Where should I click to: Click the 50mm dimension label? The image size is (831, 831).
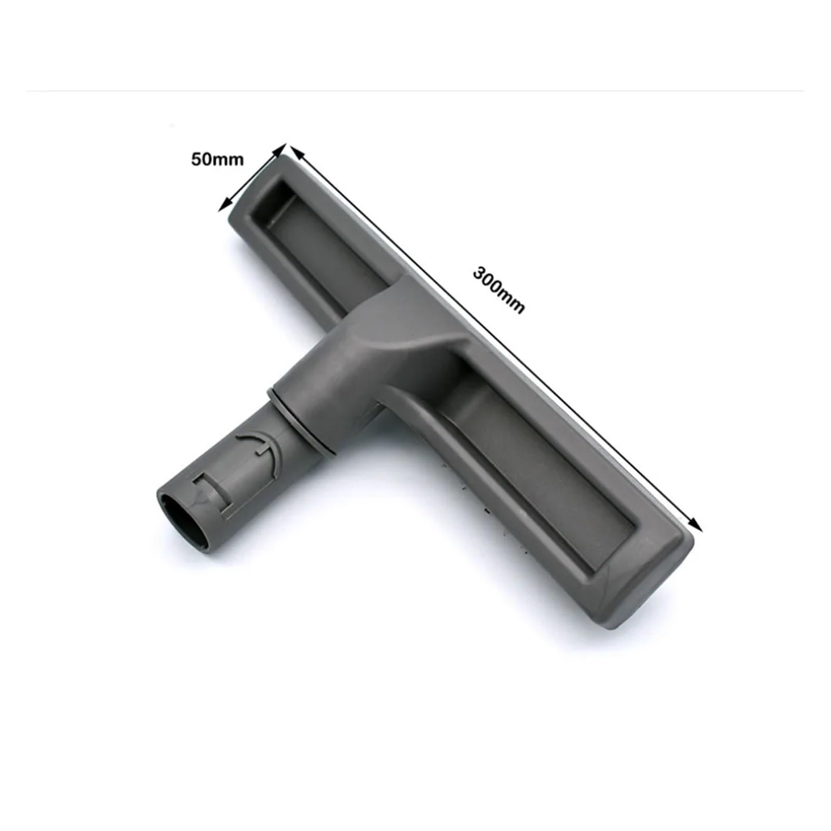click(x=217, y=159)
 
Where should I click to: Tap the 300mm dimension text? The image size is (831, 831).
click(x=499, y=290)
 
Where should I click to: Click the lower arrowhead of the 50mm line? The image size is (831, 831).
click(x=225, y=205)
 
